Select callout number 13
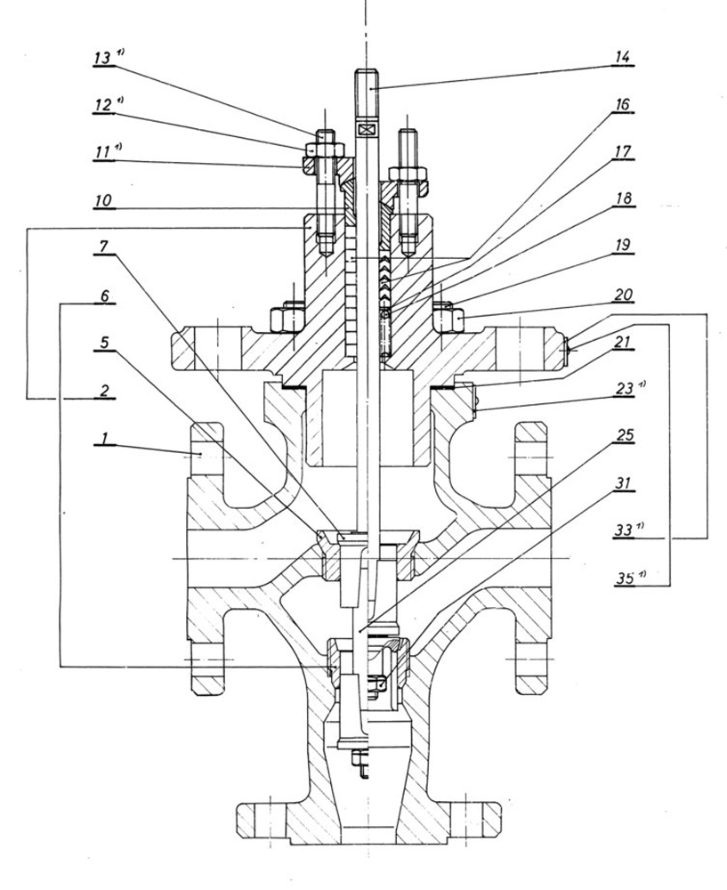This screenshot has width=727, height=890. [x=104, y=58]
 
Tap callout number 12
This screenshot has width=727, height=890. [x=104, y=105]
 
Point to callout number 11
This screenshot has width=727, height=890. [x=104, y=154]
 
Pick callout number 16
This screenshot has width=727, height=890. [x=620, y=105]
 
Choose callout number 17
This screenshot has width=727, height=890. [x=620, y=152]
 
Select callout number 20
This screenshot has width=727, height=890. [x=620, y=294]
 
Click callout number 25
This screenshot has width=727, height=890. [x=620, y=435]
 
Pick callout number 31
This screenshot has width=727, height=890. [x=620, y=483]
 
